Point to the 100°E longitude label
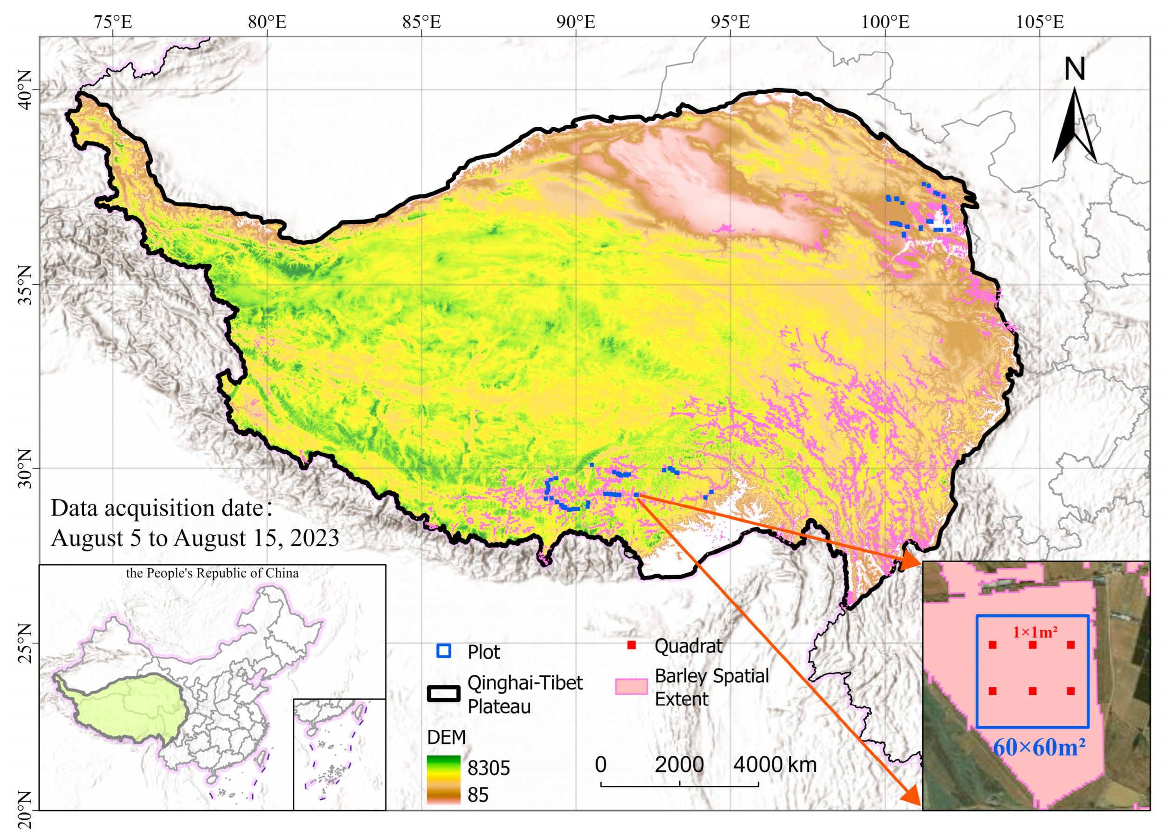885,22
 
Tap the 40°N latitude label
24,89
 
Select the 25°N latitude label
24,643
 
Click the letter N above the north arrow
1074,69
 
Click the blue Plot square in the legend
443,651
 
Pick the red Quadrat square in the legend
632,645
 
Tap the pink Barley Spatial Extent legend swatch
631,687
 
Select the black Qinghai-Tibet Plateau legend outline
443,694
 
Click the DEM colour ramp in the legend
443,779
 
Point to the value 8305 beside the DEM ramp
489,768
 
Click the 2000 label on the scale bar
679,764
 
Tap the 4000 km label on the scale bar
774,764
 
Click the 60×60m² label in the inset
1039,747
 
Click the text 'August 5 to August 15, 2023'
195,538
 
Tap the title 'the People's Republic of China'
212,573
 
